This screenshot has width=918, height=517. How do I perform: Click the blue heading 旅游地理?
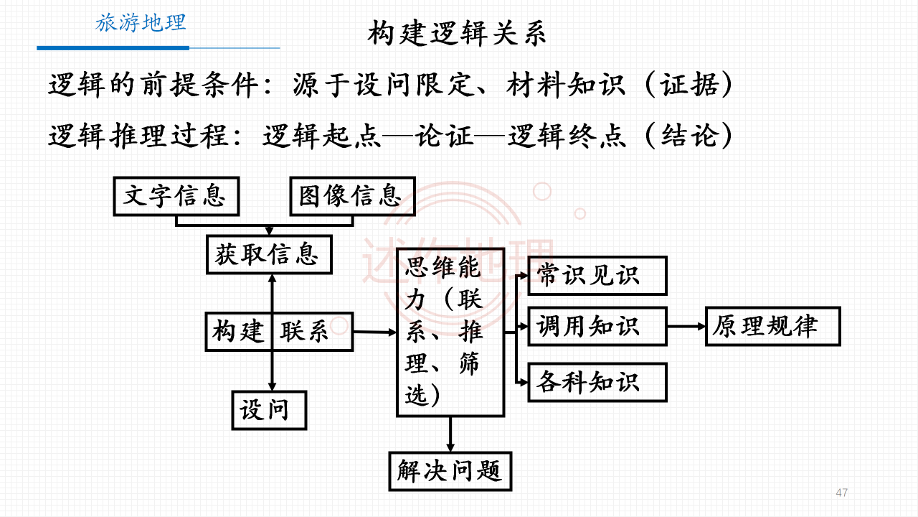click(141, 22)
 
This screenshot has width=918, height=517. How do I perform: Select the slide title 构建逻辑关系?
click(457, 33)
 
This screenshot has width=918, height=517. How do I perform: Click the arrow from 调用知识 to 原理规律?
click(686, 327)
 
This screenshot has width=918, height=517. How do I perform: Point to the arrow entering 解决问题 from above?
click(450, 434)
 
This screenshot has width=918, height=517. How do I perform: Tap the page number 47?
click(842, 493)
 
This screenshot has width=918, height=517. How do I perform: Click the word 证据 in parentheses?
click(689, 85)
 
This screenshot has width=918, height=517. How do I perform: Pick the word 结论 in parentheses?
click(690, 136)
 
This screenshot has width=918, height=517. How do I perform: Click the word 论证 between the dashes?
click(444, 136)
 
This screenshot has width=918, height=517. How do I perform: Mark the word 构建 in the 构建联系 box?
click(237, 331)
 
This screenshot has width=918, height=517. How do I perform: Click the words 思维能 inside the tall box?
click(443, 267)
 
